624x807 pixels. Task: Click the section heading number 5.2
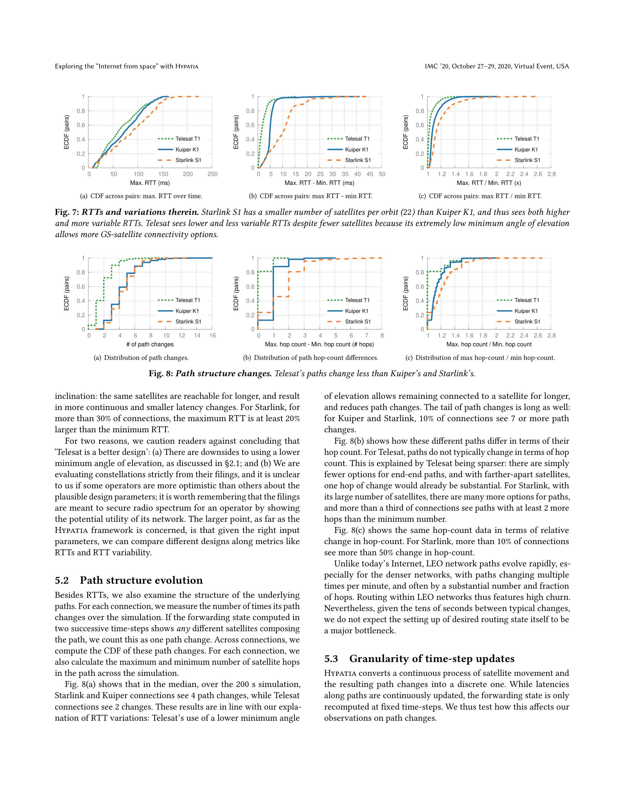[x=62, y=580]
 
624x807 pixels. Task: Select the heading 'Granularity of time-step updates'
[x=432, y=659]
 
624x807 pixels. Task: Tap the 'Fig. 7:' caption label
[x=67, y=212]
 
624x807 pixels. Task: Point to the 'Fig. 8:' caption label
[x=161, y=374]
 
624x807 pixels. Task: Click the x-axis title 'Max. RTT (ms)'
[x=150, y=183]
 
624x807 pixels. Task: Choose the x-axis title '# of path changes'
[x=150, y=345]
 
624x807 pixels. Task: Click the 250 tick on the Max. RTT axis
[x=213, y=174]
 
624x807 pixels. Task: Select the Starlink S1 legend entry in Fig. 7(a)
[x=188, y=160]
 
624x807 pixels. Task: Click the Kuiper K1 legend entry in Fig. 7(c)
[x=526, y=150]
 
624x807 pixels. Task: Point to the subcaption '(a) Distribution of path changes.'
[x=141, y=358]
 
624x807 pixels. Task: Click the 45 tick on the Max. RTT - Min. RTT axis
[x=370, y=174]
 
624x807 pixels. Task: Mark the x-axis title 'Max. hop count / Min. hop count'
[x=489, y=345]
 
